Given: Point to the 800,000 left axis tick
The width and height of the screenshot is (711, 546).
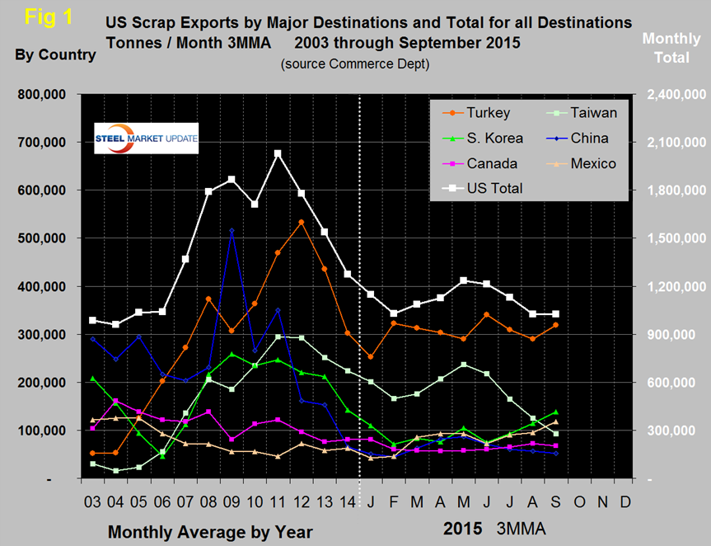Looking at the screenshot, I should (x=43, y=95).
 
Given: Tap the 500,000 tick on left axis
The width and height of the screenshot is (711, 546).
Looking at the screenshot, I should (x=43, y=239).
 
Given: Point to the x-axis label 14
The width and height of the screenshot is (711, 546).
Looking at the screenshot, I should (x=348, y=502).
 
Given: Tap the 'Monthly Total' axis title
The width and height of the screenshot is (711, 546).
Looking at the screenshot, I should (x=671, y=48).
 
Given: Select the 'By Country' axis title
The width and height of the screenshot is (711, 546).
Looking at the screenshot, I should (x=55, y=55).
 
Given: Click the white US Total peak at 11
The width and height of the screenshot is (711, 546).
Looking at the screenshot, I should (x=278, y=153).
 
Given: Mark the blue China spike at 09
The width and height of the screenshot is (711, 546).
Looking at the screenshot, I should (x=232, y=231).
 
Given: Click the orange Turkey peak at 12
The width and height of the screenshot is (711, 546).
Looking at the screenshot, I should (x=301, y=222).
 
